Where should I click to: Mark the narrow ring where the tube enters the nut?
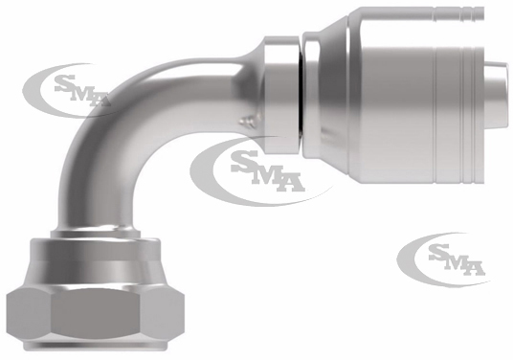(x=96, y=233)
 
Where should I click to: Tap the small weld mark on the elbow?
(x=247, y=121)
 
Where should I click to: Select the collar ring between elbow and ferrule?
(x=281, y=95)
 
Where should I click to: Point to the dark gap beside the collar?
(x=301, y=95)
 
